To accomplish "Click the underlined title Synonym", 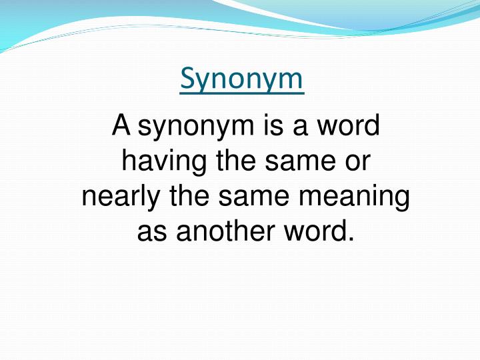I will coord(241,79).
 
